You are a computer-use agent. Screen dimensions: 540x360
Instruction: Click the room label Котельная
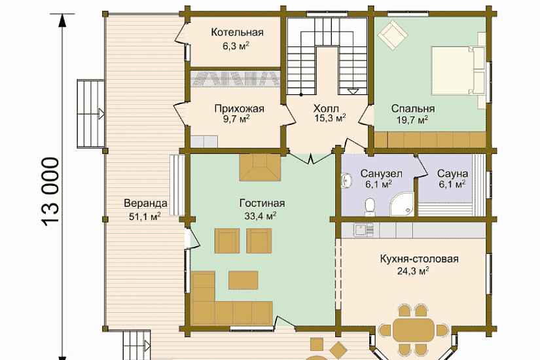pos(237,32)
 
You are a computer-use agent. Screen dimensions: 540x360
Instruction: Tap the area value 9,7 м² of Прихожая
pos(236,119)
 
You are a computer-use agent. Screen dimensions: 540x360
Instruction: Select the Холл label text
pos(326,109)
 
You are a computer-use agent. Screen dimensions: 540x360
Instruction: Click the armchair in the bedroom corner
pos(392,35)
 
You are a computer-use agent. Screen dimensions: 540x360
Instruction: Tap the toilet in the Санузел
pos(370,207)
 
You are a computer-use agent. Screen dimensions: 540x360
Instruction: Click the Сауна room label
pos(452,173)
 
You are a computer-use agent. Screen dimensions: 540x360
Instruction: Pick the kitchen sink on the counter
pos(364,230)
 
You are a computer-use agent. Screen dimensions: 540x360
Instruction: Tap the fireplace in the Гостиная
pos(261,167)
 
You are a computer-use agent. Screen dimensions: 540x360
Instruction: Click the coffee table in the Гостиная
pos(243,280)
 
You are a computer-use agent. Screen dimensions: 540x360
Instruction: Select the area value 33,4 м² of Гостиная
pos(261,216)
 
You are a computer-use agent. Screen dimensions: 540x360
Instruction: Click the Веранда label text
pos(145,204)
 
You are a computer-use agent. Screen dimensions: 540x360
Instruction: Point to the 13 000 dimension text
pos(51,192)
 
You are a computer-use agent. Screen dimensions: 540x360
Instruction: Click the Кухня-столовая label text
pos(419,259)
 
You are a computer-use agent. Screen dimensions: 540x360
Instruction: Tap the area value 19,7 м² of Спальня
pos(412,120)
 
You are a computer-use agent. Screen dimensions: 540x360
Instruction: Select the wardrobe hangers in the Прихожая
pos(235,79)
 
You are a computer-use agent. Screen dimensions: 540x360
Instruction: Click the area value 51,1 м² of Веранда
pos(145,217)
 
